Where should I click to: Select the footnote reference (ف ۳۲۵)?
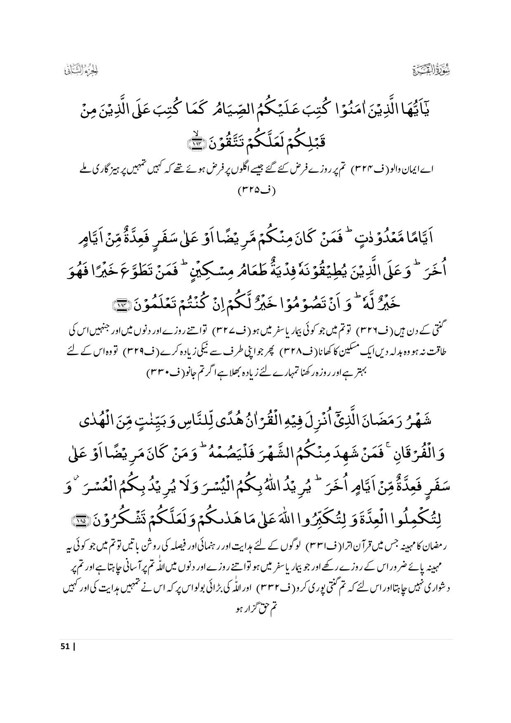coord(256,190)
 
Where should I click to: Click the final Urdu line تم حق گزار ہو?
coord(256,609)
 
